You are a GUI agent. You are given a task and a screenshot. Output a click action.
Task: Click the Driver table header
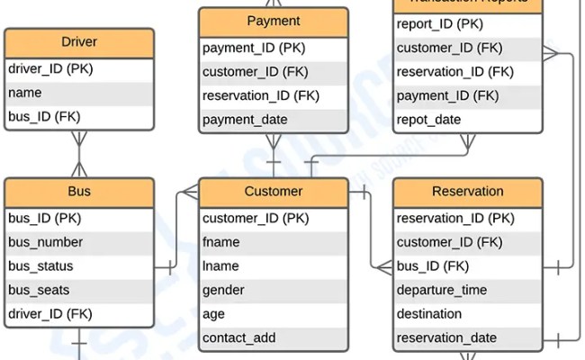pyautogui.click(x=79, y=42)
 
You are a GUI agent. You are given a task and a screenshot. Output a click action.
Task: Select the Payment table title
pyautogui.click(x=274, y=22)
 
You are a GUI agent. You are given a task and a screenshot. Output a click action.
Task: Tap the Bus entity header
pyautogui.click(x=79, y=192)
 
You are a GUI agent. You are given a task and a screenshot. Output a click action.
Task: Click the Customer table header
pyautogui.click(x=274, y=192)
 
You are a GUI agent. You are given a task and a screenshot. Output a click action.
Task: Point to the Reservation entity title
pyautogui.click(x=468, y=192)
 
